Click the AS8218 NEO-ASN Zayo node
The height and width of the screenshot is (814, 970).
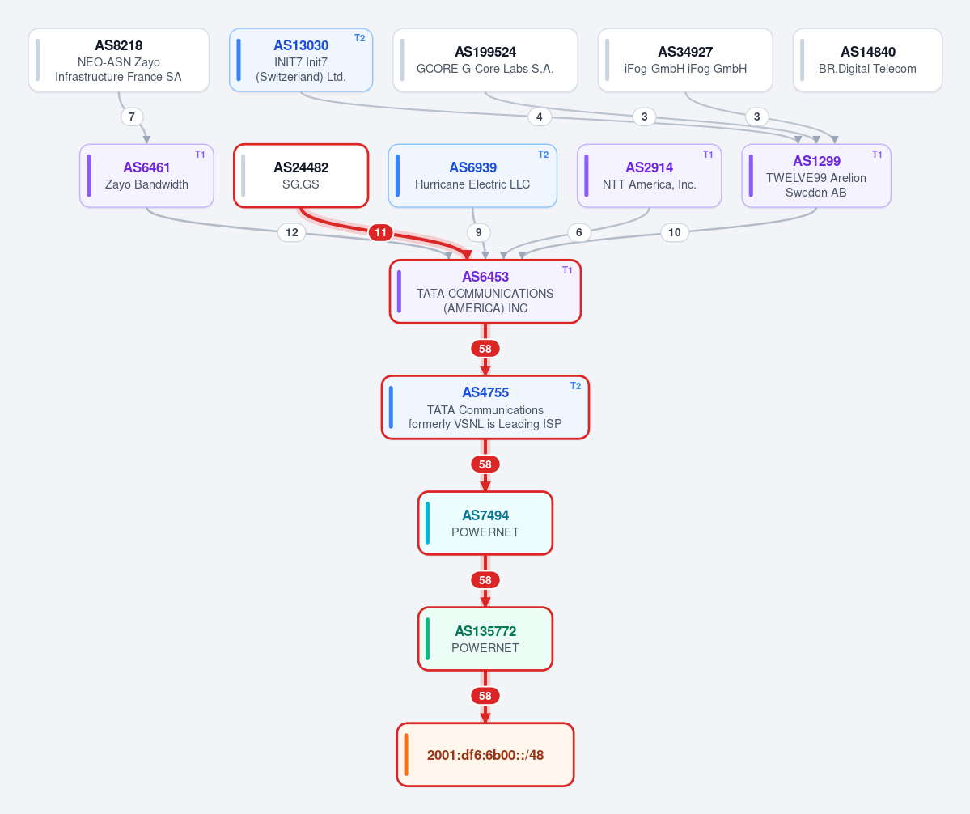(119, 60)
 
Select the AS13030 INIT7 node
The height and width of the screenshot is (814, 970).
(301, 60)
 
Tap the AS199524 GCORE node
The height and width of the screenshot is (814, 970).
(485, 60)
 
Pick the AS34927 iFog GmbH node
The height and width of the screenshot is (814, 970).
(684, 60)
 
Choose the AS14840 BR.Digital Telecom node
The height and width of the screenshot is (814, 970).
(867, 60)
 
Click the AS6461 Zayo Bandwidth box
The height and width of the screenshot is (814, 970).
(146, 176)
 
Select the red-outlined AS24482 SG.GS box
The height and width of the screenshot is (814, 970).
(301, 176)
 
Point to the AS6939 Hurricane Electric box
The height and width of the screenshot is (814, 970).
(472, 176)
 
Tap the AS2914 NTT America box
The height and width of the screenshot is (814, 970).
(649, 176)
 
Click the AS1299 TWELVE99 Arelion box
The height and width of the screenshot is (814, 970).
(816, 176)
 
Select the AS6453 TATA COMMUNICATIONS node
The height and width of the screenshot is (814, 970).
(485, 291)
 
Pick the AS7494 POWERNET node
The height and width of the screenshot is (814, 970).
(485, 524)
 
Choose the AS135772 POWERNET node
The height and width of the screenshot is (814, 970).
(485, 639)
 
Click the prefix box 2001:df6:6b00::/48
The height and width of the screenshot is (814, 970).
(485, 755)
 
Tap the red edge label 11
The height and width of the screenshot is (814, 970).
(380, 232)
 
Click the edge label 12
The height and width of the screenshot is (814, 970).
(292, 232)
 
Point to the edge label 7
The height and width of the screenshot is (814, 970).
(132, 117)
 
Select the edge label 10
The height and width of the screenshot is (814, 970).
(674, 232)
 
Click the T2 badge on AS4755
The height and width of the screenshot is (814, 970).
(575, 386)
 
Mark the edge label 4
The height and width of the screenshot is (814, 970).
(540, 117)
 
